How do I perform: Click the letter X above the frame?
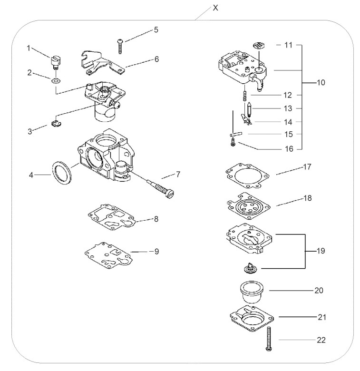215,8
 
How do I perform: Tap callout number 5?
156,30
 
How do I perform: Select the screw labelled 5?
120,47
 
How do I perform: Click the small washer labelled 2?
56,81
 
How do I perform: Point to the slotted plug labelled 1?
55,62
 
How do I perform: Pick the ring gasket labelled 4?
61,173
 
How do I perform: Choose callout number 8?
156,219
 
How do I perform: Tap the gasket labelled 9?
108,256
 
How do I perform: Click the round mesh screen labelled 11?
259,45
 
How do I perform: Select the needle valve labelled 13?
249,109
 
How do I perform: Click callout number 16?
289,149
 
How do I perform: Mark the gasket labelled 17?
247,176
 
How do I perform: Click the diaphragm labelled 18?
248,206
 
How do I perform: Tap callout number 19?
321,251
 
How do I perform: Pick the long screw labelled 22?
269,339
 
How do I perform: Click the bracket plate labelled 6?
102,64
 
